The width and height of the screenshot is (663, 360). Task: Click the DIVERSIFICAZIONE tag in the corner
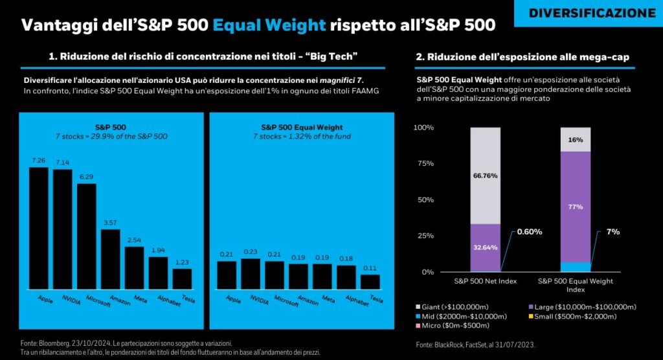[x=592, y=13]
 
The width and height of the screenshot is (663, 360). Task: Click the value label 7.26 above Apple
[x=38, y=160]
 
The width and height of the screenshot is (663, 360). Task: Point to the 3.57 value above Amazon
[x=111, y=222]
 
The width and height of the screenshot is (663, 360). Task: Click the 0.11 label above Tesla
[x=370, y=267]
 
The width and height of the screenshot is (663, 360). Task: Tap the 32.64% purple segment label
[x=485, y=247]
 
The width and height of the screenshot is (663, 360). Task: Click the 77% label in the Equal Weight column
[x=576, y=207]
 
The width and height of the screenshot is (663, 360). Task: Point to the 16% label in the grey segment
[x=576, y=139]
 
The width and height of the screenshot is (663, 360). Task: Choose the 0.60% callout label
[x=530, y=231]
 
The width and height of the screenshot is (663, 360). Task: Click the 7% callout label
[x=612, y=231]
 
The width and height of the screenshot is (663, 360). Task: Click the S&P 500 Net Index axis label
[x=485, y=281]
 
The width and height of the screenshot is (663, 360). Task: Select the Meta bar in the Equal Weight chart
[x=322, y=276]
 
